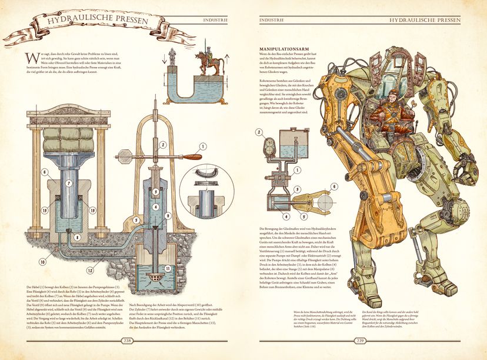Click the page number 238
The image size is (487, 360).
click(126, 340)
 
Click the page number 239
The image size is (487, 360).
click(361, 340)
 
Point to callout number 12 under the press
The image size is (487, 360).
click(90, 271)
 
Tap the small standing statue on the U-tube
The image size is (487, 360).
click(172, 56)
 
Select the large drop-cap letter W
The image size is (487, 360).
click(31, 59)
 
